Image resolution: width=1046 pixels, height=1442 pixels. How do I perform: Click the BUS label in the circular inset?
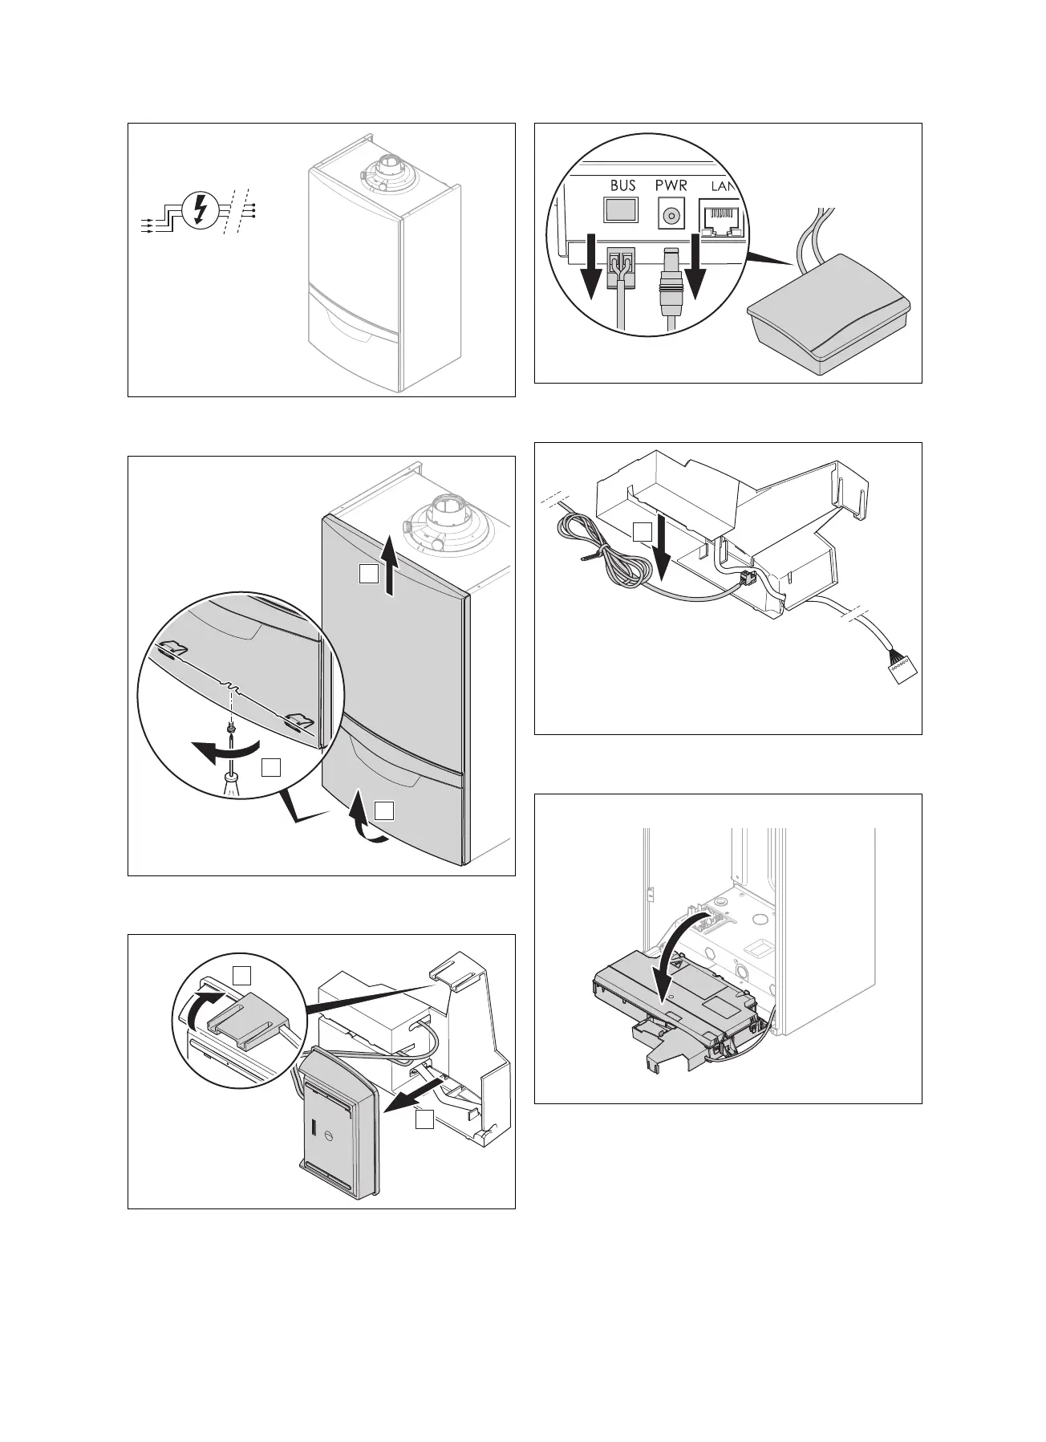(622, 185)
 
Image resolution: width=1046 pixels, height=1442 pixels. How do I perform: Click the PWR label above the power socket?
(671, 185)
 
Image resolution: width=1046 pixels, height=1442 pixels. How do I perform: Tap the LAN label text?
(723, 186)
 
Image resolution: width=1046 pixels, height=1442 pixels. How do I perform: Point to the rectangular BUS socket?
(622, 211)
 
